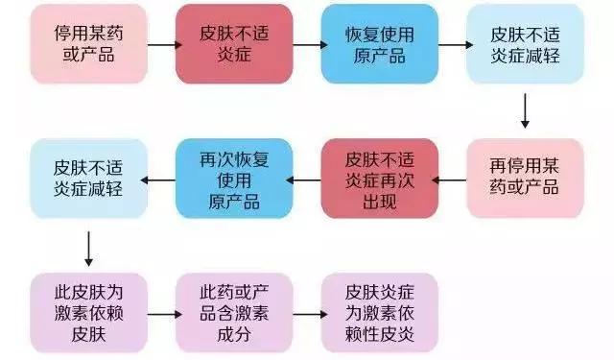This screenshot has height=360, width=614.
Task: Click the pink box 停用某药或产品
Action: [x=88, y=44]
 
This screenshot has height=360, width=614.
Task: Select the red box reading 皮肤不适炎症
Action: [x=233, y=44]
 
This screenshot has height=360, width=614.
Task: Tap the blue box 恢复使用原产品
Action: [x=378, y=44]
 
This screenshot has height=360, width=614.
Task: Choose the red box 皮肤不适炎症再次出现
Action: [x=378, y=178]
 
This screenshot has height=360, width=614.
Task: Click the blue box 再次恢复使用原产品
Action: [x=233, y=178]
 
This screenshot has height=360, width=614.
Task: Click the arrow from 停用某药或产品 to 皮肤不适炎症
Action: [x=161, y=44]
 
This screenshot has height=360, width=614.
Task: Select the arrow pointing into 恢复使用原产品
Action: [x=306, y=44]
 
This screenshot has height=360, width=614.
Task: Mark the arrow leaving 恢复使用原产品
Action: [x=451, y=44]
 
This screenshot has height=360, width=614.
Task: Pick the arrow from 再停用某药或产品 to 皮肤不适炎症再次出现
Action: [x=451, y=179]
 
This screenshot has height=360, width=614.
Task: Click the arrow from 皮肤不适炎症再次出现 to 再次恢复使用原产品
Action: [x=306, y=179]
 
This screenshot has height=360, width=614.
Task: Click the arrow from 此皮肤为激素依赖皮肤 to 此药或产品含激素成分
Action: [x=161, y=313]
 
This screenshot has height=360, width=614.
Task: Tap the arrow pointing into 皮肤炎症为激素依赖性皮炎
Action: [x=306, y=313]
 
